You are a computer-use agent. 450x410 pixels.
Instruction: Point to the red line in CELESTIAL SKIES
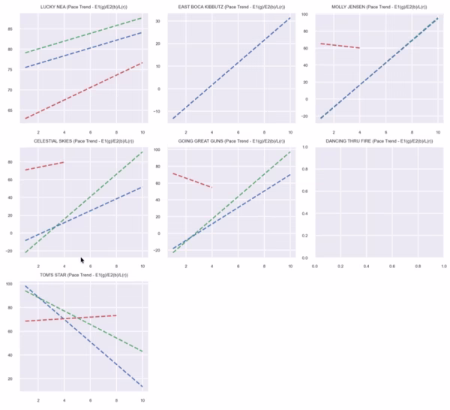44,166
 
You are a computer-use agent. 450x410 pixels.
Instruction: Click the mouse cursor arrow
82,261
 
